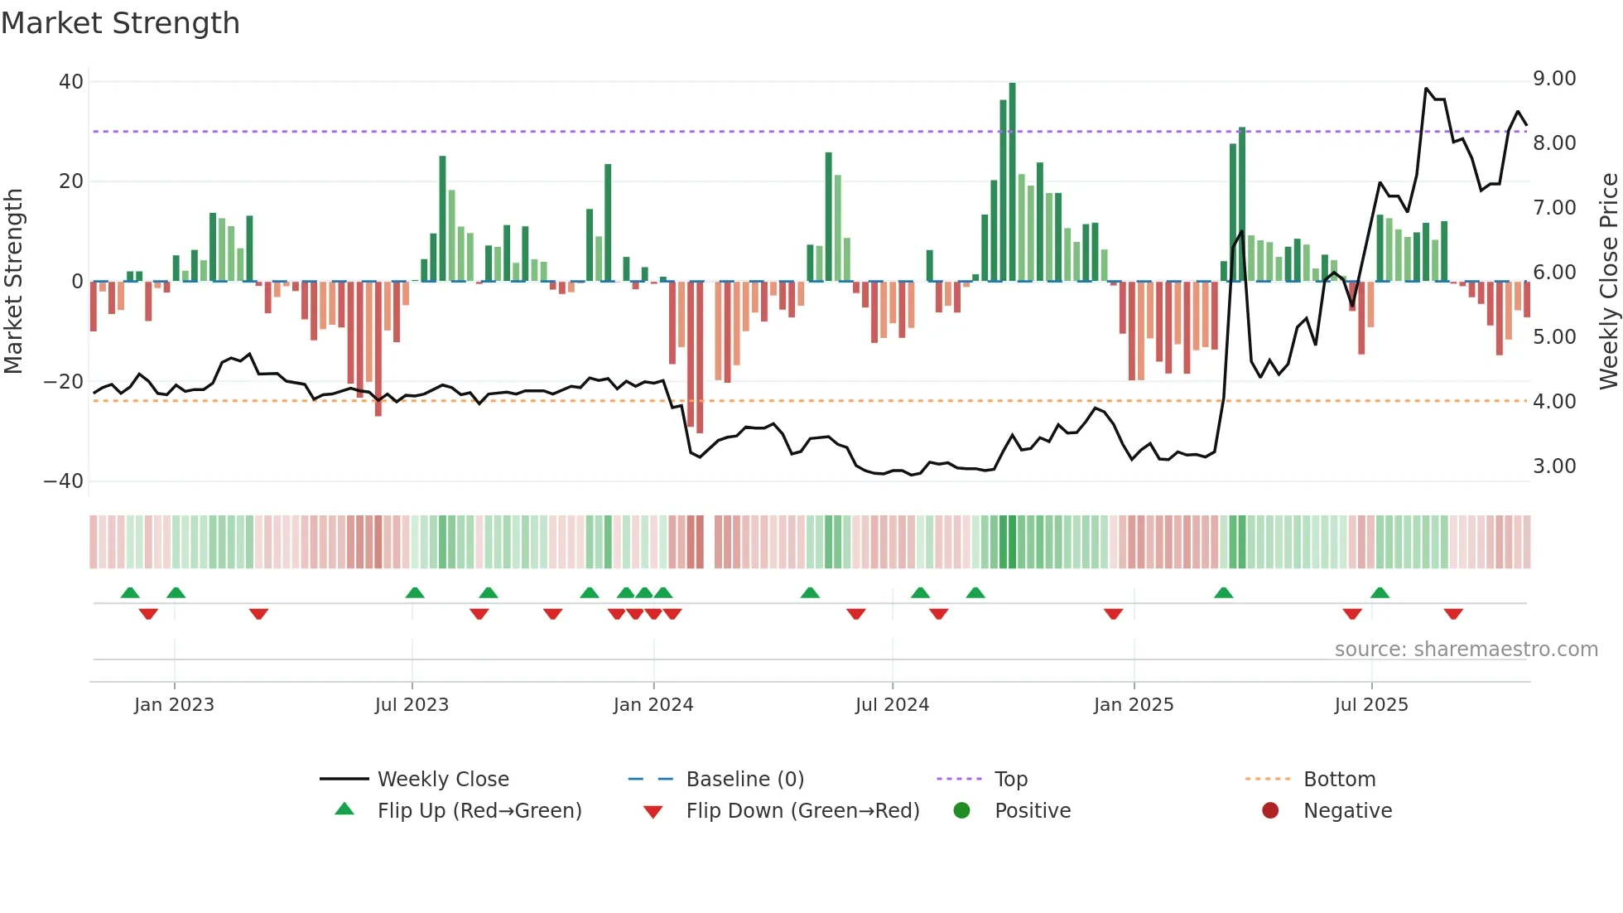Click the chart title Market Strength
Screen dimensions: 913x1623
(120, 23)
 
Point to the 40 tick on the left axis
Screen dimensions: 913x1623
(71, 82)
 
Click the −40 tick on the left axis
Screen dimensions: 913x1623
(64, 481)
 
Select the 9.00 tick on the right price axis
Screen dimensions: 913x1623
(1554, 79)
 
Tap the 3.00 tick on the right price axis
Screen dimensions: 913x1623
(1554, 466)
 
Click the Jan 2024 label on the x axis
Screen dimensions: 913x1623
(653, 705)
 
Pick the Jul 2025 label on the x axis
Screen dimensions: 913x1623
(1370, 705)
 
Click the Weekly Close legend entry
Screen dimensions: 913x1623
(443, 780)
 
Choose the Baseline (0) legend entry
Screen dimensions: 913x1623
(744, 780)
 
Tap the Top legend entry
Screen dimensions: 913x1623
(1010, 780)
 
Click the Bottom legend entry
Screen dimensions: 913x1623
(1339, 780)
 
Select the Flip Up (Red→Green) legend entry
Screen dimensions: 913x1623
(479, 811)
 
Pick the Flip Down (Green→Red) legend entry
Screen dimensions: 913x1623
(802, 811)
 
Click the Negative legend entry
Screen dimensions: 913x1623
(1347, 811)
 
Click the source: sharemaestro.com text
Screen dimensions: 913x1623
(1466, 650)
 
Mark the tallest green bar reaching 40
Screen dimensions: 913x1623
(1012, 182)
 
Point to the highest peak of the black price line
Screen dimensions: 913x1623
(1426, 89)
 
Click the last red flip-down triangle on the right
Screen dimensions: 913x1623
(1453, 614)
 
